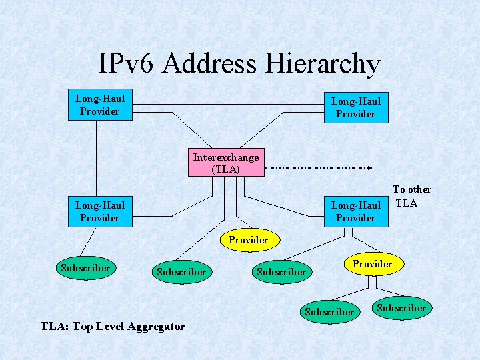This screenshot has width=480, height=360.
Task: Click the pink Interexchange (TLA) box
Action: (225, 163)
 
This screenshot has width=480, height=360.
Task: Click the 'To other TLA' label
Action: (412, 196)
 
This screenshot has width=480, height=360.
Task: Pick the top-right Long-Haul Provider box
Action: (355, 107)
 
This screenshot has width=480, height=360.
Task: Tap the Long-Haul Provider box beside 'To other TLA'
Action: (355, 211)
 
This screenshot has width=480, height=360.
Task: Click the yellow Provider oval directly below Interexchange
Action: (248, 240)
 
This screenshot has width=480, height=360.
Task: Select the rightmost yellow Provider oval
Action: (372, 264)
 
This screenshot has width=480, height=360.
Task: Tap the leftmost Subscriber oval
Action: (85, 268)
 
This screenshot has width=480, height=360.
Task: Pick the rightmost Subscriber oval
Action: (401, 307)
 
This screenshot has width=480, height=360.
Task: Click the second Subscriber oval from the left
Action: (181, 272)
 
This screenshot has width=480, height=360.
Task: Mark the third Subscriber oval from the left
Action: (281, 272)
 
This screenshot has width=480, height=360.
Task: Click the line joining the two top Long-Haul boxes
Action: (227, 105)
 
